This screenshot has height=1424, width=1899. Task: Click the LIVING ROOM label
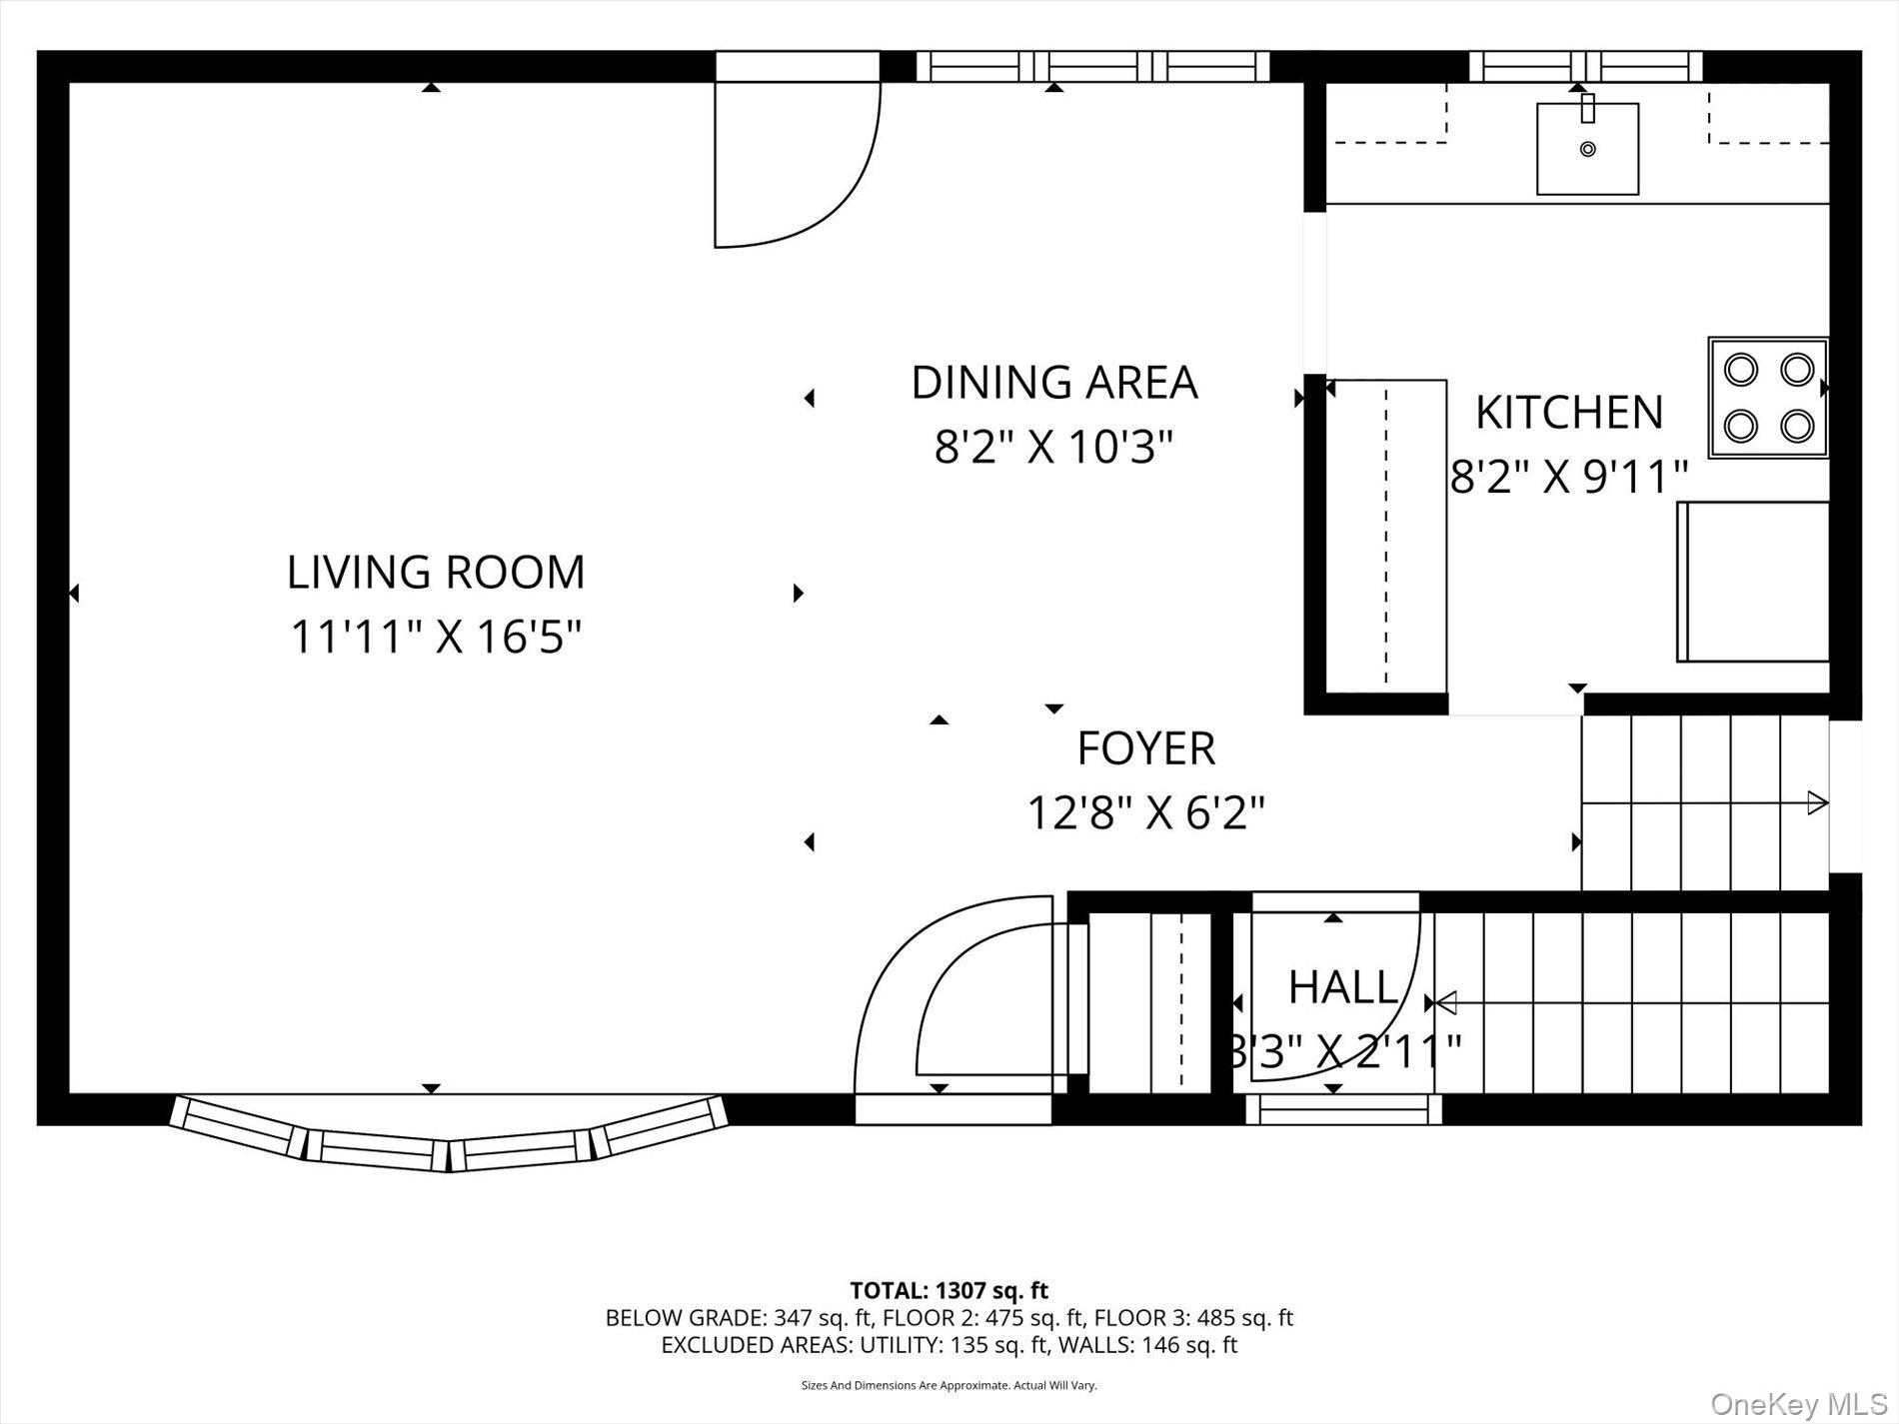[x=436, y=573]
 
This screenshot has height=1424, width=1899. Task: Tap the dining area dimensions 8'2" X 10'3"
[x=1052, y=447]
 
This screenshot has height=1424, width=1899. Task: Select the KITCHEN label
[x=1569, y=413]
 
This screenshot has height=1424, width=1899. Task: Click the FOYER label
[x=1145, y=748]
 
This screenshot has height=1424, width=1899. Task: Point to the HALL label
[x=1342, y=987]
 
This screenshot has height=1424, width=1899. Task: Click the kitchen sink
[x=1587, y=149]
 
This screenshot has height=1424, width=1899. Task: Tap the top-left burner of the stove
[x=1741, y=370]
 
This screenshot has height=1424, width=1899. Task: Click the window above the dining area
[x=1093, y=66]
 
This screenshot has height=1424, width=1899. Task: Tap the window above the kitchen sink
[x=1585, y=66]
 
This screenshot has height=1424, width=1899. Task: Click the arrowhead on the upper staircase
[x=1817, y=802]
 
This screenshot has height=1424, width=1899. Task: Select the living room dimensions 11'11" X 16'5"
[x=436, y=637]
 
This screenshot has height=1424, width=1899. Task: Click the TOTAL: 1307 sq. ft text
[x=949, y=1290]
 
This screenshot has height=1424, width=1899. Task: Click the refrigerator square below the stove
[x=1753, y=582]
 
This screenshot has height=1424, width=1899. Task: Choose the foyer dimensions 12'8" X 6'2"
[x=1145, y=812]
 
